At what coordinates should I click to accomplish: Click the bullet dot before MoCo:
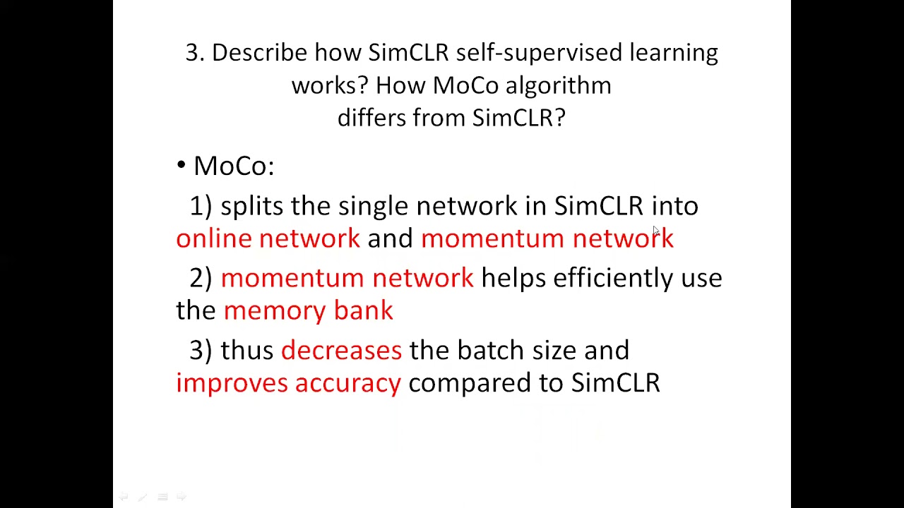pos(182,166)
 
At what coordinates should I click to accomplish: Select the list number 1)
pos(201,206)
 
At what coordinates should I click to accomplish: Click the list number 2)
pos(201,278)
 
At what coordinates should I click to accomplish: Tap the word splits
pos(251,206)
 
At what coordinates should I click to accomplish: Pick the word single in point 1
pos(373,206)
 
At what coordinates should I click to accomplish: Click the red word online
pos(213,238)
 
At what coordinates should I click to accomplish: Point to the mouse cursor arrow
pos(656,231)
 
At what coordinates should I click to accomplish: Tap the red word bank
pos(363,310)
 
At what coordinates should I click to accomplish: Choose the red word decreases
pos(341,350)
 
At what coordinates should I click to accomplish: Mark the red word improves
pos(232,383)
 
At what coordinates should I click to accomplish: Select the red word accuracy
pos(347,383)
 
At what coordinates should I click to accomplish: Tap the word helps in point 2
pos(513,278)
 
